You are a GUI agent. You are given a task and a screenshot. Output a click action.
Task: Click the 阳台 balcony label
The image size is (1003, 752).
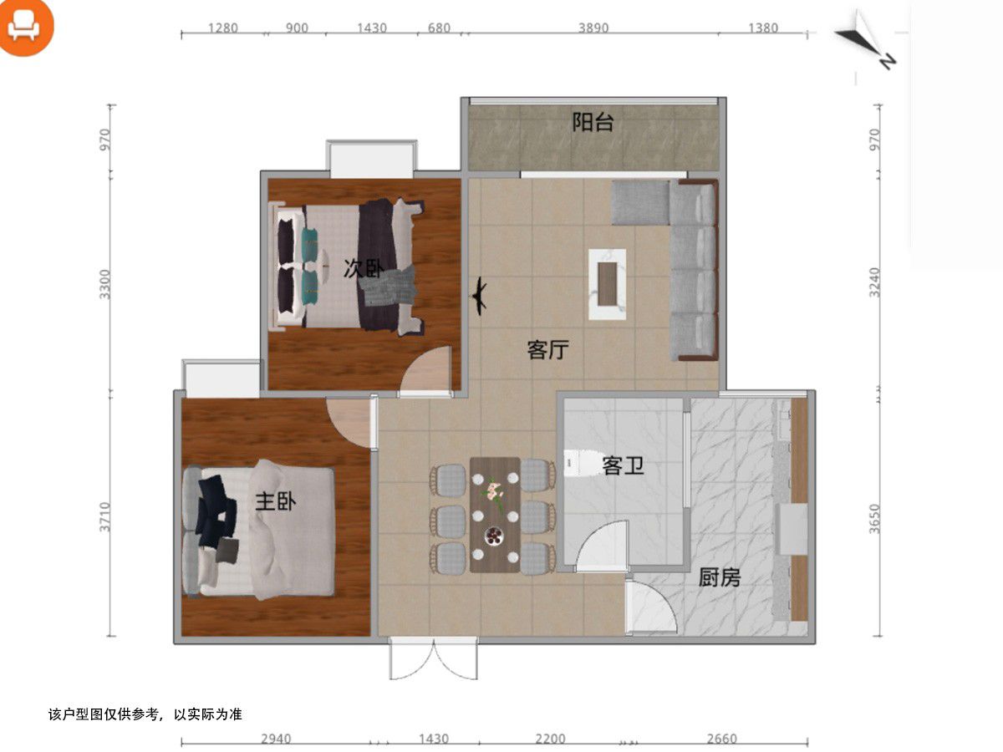pos(593,122)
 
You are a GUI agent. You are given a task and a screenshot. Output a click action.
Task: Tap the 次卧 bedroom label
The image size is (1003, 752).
pos(364,268)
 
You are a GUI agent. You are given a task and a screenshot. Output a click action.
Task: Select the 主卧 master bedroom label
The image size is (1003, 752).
pos(276,502)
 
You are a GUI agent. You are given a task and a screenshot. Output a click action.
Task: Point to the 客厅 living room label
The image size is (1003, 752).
pos(547,350)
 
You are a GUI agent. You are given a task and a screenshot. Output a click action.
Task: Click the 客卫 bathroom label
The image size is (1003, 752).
pos(623,465)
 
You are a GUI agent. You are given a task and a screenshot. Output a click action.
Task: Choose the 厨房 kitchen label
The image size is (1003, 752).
pos(720,577)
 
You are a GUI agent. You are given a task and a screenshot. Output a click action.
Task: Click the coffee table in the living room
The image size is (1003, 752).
pos(608,284)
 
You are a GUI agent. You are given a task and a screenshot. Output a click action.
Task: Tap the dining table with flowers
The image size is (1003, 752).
pos(495,515)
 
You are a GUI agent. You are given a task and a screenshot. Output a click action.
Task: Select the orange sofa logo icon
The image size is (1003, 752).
pos(26,27)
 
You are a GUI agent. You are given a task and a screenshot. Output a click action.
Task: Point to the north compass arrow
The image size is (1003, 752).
pos(865,40)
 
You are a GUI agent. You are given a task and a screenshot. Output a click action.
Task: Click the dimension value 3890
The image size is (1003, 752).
pos(593,28)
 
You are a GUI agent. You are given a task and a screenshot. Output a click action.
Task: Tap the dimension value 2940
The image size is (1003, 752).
pos(276,739)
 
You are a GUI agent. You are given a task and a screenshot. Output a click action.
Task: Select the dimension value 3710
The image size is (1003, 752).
pos(105,517)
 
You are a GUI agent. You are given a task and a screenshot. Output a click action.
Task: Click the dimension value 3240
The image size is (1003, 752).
pos(874,282)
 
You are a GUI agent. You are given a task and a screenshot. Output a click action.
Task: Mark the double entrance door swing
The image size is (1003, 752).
pos(433,659)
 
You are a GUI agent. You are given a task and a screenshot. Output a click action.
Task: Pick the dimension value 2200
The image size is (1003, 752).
pos(550,739)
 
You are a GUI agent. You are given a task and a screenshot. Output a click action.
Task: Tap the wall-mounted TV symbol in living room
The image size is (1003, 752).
pos(479,296)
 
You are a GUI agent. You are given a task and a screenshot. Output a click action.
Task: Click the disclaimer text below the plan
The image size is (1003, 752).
pos(145,714)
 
